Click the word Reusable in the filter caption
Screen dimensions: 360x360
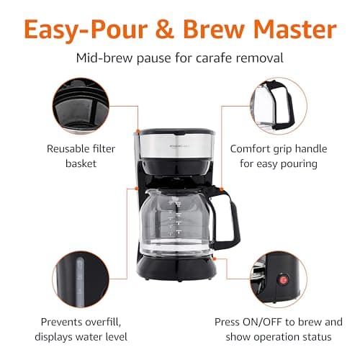(x=71, y=149)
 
